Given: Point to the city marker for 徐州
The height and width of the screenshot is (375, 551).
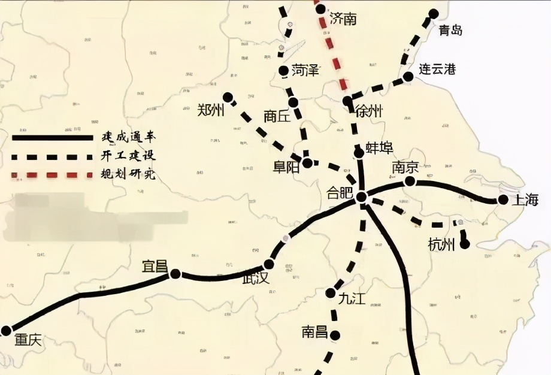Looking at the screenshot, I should [347, 101].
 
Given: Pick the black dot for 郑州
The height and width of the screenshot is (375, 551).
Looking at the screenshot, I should [228, 96].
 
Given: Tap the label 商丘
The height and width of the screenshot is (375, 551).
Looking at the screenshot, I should [277, 116].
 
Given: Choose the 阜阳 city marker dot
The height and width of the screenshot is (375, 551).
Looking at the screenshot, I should [307, 162].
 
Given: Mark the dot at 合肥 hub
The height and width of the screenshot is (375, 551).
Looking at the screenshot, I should [361, 197].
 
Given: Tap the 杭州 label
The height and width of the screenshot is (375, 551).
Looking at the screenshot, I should [442, 244].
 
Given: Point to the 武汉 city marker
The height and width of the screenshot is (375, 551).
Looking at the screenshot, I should [269, 264].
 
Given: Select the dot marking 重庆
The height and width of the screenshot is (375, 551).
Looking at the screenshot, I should [7, 330].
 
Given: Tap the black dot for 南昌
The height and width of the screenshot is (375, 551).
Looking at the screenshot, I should [335, 335].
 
